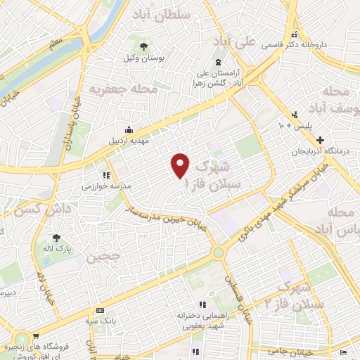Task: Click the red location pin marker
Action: (181, 166)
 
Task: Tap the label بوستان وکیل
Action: (143, 60)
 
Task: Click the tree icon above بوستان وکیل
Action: (143, 47)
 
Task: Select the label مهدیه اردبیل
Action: (129, 141)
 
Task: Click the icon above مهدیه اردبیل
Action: (129, 130)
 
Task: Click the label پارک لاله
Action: (58, 249)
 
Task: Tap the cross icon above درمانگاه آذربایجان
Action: (320, 141)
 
